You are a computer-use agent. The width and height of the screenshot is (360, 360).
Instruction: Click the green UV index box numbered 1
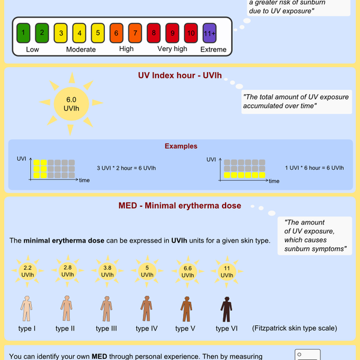[x=23, y=31]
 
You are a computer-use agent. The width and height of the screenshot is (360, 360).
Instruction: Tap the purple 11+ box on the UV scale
[x=209, y=31]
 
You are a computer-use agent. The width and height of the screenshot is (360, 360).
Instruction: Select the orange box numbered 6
[x=116, y=31]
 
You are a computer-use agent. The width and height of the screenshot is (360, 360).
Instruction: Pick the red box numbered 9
[x=172, y=31]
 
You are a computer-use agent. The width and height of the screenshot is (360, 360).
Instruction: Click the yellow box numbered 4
[x=79, y=31]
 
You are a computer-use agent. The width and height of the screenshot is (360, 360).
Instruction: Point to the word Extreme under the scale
[x=213, y=49]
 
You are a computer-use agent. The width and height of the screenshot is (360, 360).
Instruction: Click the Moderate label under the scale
[x=80, y=49]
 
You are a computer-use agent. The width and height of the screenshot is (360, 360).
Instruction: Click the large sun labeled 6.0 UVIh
[x=70, y=103]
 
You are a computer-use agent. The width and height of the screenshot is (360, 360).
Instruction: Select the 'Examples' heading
[x=181, y=146]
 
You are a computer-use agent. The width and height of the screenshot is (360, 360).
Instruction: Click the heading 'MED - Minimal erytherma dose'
[x=180, y=206]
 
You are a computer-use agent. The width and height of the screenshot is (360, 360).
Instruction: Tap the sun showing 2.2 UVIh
[x=28, y=272]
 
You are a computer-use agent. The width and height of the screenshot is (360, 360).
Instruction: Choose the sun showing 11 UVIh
[x=226, y=272]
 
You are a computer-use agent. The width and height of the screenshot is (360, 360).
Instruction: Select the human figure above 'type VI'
[x=226, y=310]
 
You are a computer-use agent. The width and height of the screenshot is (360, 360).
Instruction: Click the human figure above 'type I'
[x=26, y=310]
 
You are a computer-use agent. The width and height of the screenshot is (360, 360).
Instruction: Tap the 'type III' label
[x=106, y=328]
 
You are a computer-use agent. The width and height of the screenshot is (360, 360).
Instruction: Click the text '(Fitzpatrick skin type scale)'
[x=295, y=328]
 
